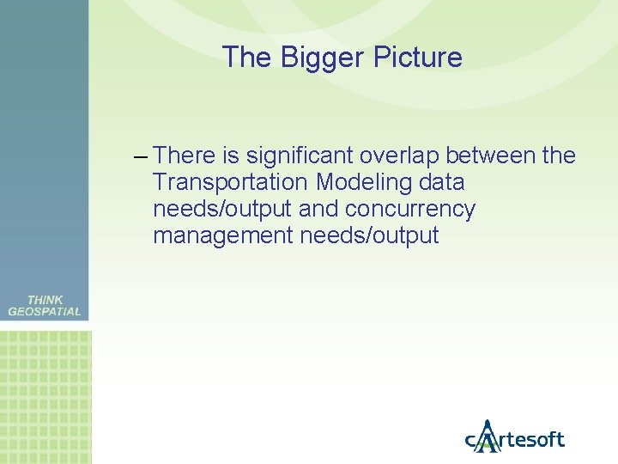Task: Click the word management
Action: pyautogui.click(x=223, y=235)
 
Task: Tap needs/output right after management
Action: pyautogui.click(x=369, y=235)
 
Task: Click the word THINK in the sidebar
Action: pyautogui.click(x=45, y=300)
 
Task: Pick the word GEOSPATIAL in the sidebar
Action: pyautogui.click(x=45, y=312)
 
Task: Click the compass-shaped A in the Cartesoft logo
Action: pyautogui.click(x=488, y=437)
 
